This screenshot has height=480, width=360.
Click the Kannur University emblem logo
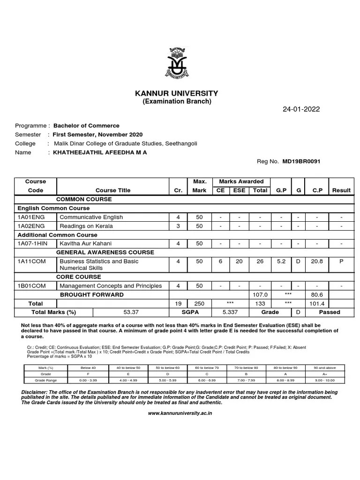point(180,62)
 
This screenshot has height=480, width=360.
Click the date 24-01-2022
point(301,110)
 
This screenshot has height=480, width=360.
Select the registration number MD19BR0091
point(301,161)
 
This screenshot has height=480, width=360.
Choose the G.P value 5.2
point(281,261)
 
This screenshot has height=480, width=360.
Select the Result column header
point(341,190)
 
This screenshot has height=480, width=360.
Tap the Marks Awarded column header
point(238,181)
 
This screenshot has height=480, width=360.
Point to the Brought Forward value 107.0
point(260,295)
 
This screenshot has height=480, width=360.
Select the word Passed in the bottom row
point(330,312)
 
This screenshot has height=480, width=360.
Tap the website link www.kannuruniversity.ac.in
point(180,413)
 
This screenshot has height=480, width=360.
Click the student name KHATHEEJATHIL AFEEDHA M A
point(100,152)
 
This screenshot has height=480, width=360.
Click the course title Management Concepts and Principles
point(111,286)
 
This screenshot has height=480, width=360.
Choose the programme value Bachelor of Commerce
point(86,126)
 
